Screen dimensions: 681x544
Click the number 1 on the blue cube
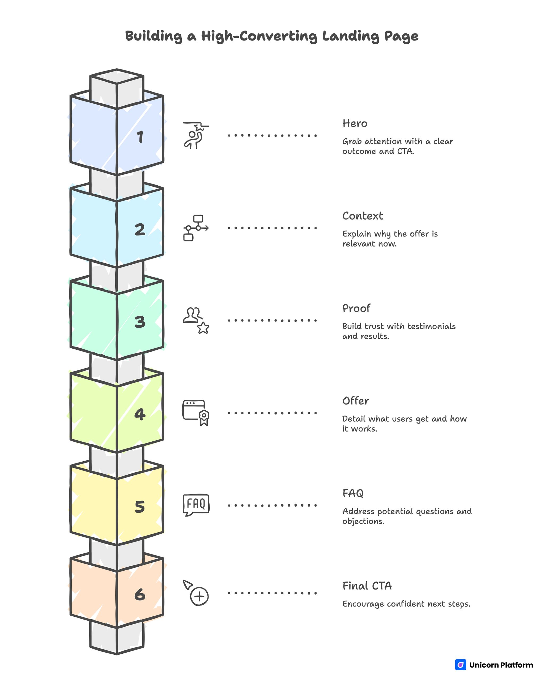point(140,137)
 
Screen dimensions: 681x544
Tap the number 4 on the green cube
point(140,414)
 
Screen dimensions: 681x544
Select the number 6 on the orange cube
point(140,595)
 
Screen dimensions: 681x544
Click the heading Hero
point(355,123)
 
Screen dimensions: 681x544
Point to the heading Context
point(363,216)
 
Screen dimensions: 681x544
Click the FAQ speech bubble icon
point(196,504)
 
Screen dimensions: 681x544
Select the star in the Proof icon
point(203,328)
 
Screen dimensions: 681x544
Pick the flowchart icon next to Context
point(196,228)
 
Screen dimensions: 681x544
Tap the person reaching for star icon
point(196,135)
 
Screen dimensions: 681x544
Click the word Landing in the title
point(350,36)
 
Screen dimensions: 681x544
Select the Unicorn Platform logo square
point(460,665)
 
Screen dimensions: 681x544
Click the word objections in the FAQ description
point(363,521)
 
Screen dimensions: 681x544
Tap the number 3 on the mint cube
point(140,322)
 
